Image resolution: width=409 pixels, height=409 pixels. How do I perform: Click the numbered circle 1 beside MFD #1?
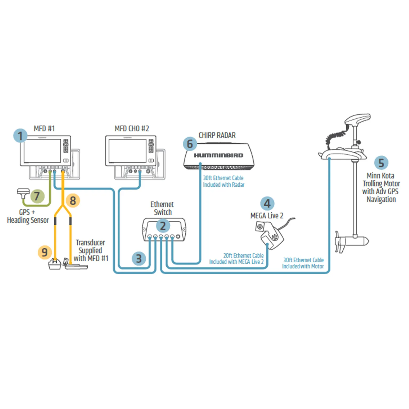20,136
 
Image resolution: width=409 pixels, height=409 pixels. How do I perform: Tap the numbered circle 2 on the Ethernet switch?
163,226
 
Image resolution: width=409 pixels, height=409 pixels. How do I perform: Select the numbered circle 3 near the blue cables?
139,258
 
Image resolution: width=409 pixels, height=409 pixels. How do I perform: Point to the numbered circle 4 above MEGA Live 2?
267,204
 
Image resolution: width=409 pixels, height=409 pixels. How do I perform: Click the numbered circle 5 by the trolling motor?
381,163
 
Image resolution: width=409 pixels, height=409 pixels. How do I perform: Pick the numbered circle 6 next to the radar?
190,144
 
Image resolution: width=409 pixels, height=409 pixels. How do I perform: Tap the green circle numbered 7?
37,196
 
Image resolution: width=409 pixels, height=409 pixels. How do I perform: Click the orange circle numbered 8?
73,201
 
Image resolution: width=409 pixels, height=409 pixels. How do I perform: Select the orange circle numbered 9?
45,252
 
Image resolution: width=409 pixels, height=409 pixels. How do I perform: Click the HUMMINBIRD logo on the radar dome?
218,155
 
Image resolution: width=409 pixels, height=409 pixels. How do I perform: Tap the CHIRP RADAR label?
217,135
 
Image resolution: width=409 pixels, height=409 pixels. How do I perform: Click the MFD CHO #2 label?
132,129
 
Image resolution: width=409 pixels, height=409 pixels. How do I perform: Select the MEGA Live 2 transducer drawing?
269,235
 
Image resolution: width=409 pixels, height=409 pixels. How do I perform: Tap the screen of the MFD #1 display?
42,151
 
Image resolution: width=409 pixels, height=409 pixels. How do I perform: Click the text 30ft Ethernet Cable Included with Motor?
303,263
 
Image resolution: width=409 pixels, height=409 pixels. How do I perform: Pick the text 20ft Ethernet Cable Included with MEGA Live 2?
237,259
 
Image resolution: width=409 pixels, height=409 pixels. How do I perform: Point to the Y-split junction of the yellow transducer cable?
63,207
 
